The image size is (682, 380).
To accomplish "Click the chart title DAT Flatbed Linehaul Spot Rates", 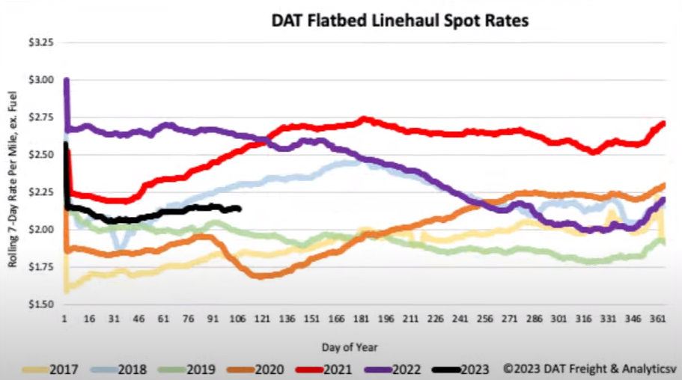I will pyautogui.click(x=400, y=21).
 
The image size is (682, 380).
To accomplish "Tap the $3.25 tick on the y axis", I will pyautogui.click(x=40, y=43).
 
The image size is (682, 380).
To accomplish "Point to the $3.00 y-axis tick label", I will pyautogui.click(x=40, y=80).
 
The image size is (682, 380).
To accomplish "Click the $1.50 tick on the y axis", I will pyautogui.click(x=40, y=304).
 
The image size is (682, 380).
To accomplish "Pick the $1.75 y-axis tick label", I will pyautogui.click(x=40, y=267).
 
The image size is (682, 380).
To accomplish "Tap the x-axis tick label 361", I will pyautogui.click(x=654, y=319).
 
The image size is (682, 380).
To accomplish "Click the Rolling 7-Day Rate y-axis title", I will pyautogui.click(x=13, y=173).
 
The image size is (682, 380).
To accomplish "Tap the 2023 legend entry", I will pyautogui.click(x=469, y=367).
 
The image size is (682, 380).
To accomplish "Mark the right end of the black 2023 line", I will pyautogui.click(x=240, y=209).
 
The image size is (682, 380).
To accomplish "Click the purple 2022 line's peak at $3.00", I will pyautogui.click(x=67, y=80).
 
